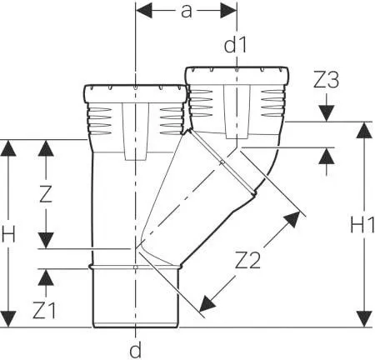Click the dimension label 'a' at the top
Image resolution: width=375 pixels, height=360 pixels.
(x=186, y=12)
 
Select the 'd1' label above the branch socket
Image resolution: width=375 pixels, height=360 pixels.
(x=235, y=45)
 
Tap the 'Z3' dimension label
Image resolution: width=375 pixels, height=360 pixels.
(x=326, y=80)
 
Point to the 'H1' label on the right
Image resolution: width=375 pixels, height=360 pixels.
(x=362, y=225)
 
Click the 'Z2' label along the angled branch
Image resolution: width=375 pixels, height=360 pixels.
(x=247, y=260)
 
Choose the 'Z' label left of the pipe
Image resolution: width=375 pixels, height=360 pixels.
(x=46, y=193)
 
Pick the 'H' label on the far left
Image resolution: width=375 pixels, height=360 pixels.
(x=8, y=233)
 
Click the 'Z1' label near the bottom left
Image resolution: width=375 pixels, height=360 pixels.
(x=44, y=310)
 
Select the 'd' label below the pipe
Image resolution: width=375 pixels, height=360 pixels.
(x=136, y=349)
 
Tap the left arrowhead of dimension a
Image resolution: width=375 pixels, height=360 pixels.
(x=144, y=11)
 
